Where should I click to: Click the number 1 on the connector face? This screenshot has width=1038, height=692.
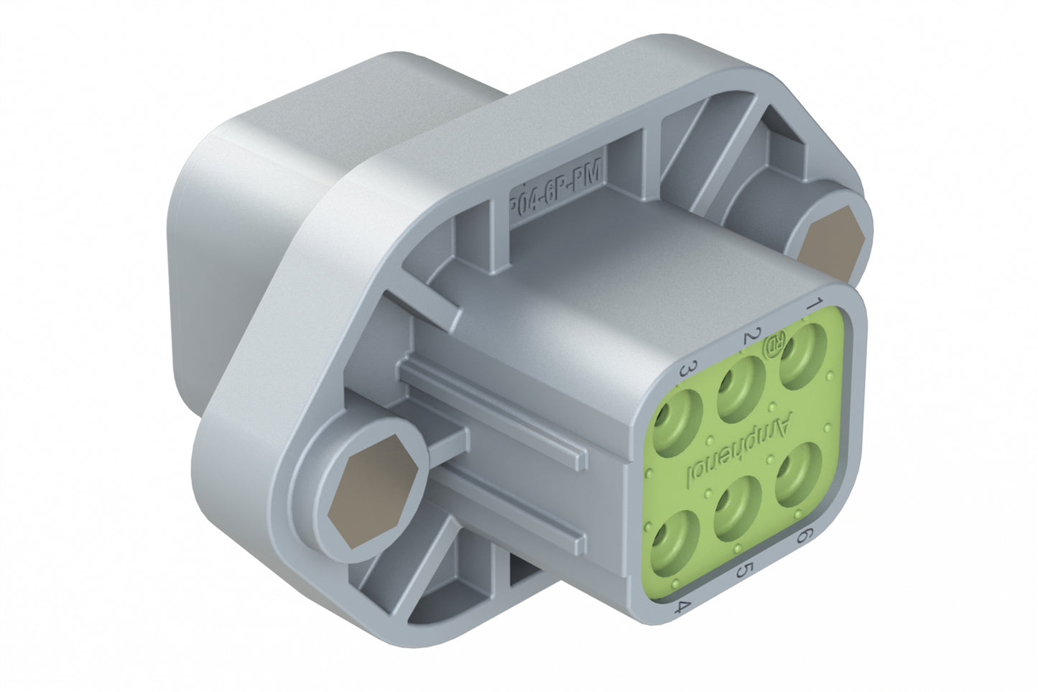coord(813,303)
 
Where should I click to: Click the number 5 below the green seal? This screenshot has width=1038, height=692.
coord(745,571)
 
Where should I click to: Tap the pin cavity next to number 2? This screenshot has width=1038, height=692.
coord(740,388)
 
